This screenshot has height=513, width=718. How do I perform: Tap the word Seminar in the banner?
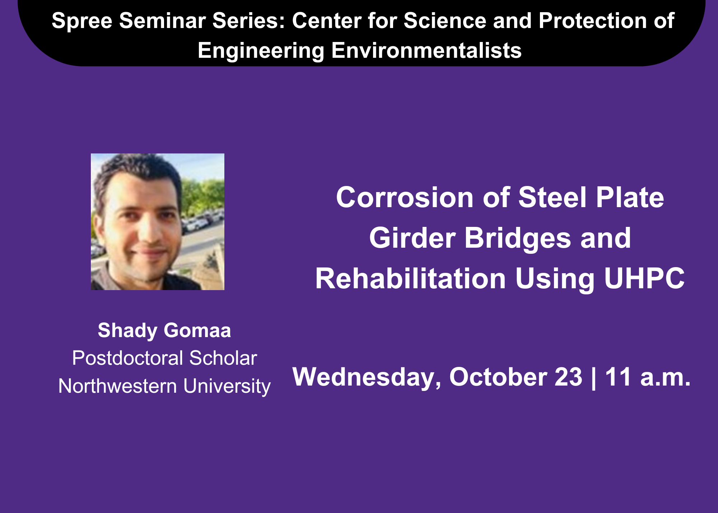click(x=163, y=20)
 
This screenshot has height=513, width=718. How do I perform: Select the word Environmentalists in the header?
click(x=426, y=50)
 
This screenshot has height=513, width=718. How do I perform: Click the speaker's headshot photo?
click(x=158, y=221)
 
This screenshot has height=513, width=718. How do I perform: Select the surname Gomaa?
click(x=197, y=331)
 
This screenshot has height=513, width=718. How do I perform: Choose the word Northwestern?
click(x=118, y=386)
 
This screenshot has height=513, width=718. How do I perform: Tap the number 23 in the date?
click(x=568, y=377)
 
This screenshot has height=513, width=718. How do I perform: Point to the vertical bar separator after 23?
click(x=593, y=378)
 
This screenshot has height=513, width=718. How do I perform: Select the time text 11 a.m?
click(x=648, y=377)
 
